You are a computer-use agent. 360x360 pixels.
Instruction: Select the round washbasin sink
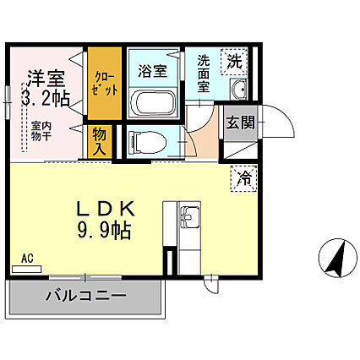237,91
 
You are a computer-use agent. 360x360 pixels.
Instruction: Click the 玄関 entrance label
236,120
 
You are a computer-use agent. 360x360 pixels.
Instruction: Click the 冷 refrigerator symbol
243,177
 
